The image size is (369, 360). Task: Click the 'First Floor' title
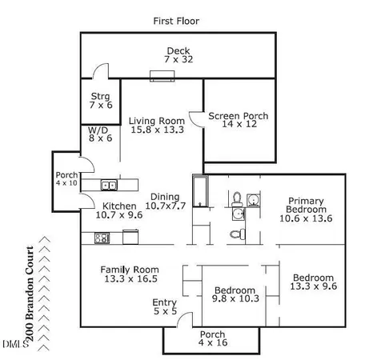click(x=175, y=20)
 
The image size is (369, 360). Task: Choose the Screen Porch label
click(x=238, y=121)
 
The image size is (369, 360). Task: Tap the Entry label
click(x=164, y=307)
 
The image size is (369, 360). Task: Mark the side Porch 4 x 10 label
click(x=66, y=180)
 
